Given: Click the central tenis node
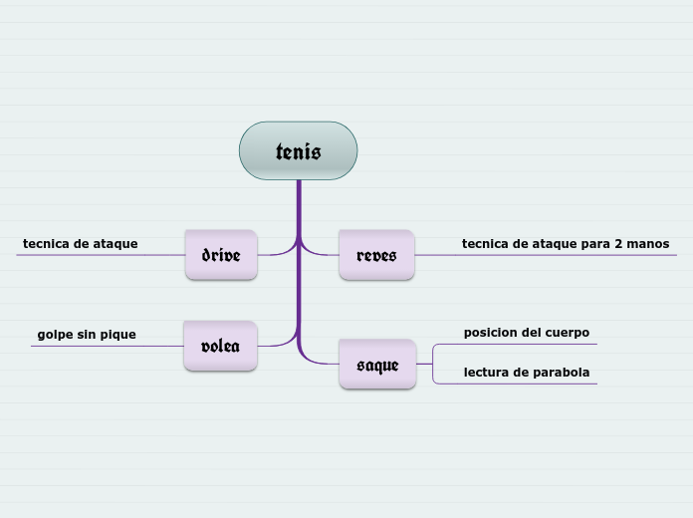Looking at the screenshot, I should click(298, 151).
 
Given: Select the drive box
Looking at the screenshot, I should click(221, 255).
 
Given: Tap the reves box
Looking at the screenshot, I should click(376, 255).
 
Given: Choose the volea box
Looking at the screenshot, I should click(220, 346).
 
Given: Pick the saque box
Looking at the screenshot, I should click(377, 365).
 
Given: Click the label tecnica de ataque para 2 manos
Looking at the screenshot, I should click(566, 243).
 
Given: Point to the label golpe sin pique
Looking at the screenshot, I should click(87, 335).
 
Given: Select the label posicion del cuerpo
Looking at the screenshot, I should click(527, 332).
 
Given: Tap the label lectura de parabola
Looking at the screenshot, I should click(527, 373).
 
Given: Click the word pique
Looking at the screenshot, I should click(117, 335).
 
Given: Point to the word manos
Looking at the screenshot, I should click(648, 243).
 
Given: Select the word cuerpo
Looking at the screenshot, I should click(566, 332).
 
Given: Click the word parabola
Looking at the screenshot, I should click(559, 373).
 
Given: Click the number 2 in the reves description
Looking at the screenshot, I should click(617, 243).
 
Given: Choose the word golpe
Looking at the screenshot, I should click(55, 335).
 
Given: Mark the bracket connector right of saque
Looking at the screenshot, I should click(433, 364).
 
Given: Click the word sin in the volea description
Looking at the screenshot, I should click(86, 335).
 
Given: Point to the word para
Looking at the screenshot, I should click(593, 243).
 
